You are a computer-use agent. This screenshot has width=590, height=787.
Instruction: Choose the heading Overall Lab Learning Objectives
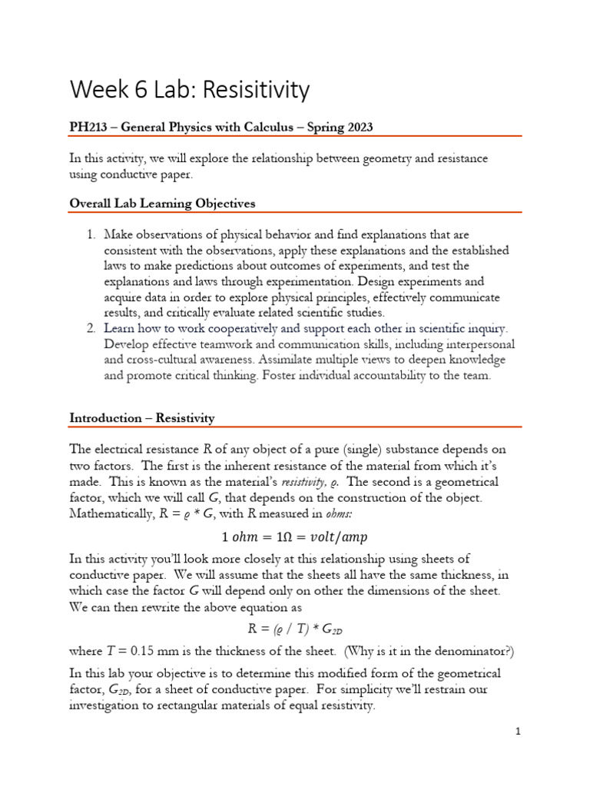pos(162,204)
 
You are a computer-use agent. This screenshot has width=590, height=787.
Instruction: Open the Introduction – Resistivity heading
pos(142,418)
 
